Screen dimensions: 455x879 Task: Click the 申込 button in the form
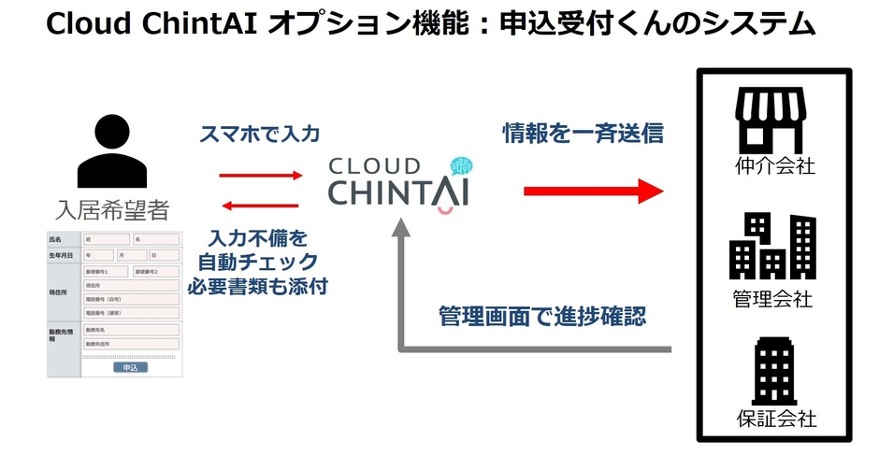130,368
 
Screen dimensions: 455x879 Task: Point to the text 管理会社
774,299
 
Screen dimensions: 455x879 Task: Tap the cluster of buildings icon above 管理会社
773,245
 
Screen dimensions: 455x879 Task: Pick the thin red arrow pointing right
261,175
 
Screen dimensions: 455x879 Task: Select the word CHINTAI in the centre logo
400,192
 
